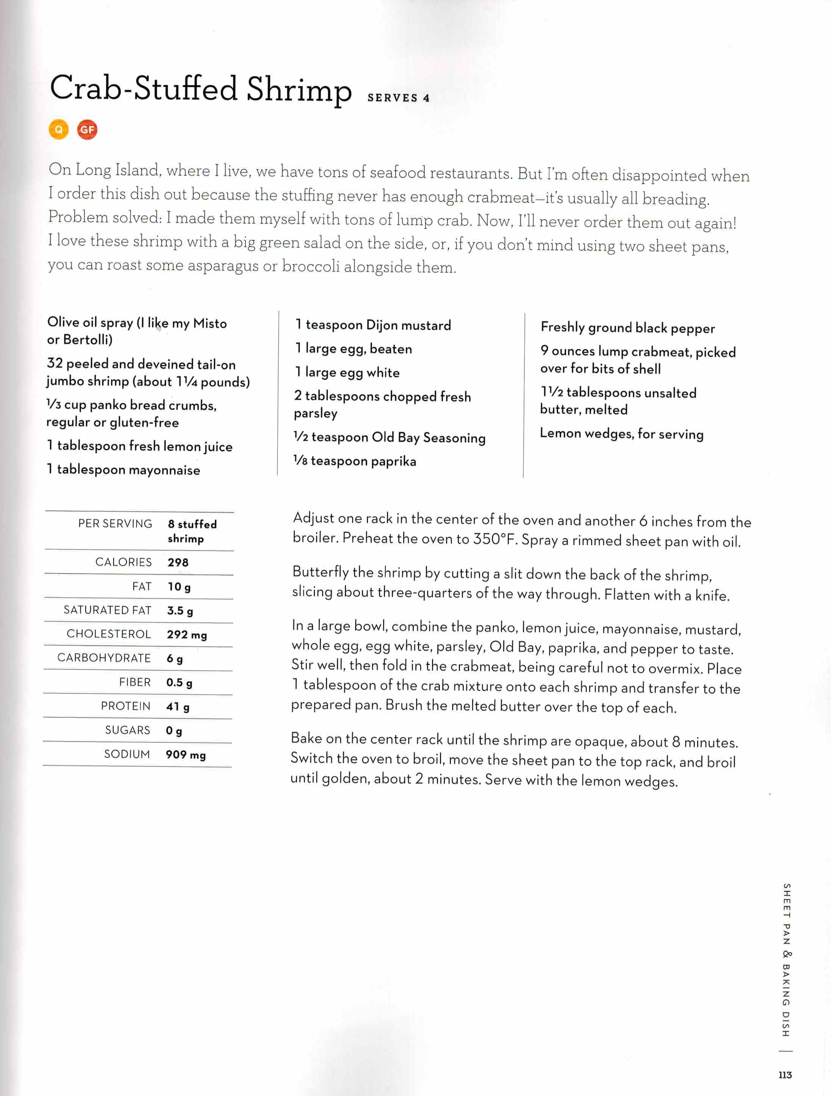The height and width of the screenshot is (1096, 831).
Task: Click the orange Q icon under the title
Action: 58,130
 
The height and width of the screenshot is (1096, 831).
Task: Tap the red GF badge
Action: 87,130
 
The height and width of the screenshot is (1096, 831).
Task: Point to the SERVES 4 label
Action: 398,98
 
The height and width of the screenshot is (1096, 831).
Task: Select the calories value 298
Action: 178,562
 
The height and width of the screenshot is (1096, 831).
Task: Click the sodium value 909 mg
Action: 185,755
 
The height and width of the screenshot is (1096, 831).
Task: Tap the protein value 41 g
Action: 177,706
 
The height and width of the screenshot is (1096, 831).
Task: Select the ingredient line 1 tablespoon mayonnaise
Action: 123,469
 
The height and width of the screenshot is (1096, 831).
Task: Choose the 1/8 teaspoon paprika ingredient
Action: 355,461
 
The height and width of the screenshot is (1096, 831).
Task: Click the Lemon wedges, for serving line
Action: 621,434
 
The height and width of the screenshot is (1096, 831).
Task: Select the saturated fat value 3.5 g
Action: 180,611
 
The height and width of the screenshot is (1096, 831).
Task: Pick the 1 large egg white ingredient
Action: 347,372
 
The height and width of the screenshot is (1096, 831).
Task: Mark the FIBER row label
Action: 135,682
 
